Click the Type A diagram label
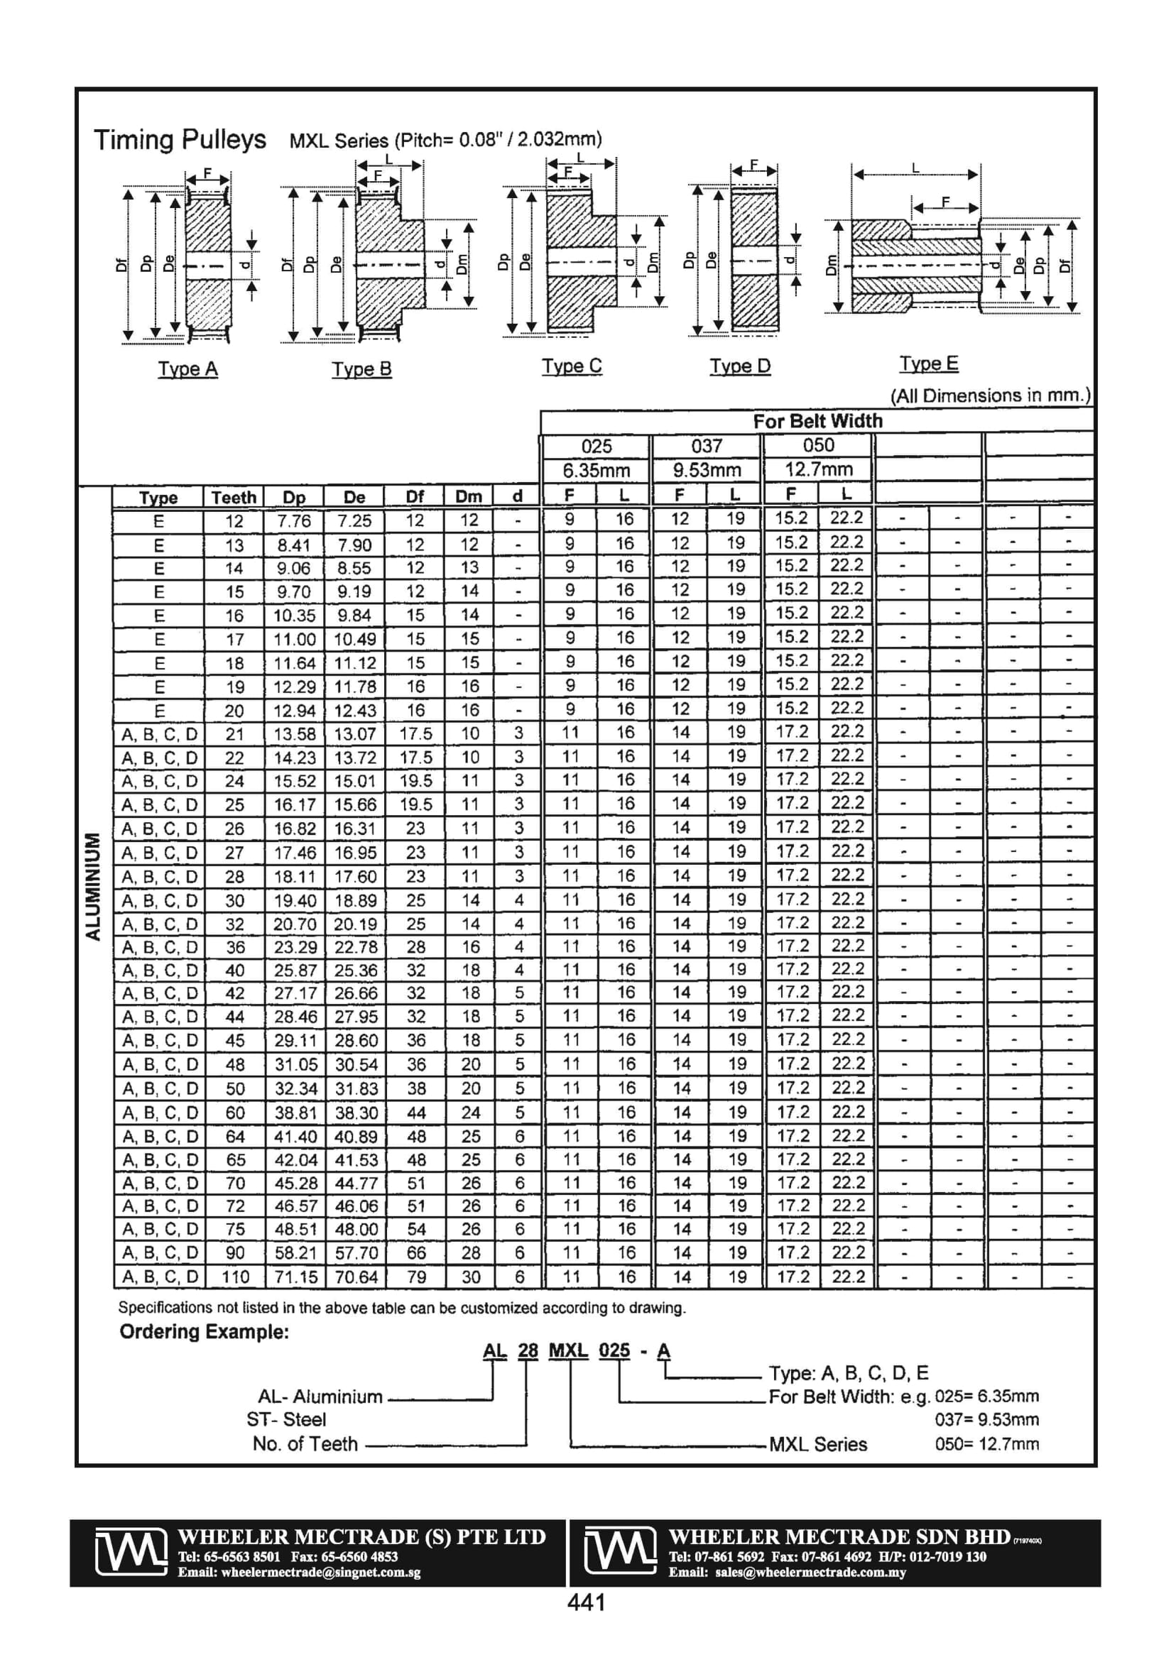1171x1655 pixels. point(187,369)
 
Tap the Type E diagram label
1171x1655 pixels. point(929,364)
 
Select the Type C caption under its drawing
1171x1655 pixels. point(572,366)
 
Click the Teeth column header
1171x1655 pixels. point(234,498)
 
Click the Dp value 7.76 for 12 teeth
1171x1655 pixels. point(293,521)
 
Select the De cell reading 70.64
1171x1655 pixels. point(356,1277)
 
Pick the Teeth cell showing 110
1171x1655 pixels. point(235,1277)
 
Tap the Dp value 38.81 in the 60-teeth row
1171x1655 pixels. point(295,1113)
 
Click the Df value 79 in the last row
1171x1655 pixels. point(416,1277)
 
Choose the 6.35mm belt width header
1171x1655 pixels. point(597,471)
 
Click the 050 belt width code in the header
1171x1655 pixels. point(817,445)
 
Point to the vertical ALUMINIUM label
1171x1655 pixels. point(93,887)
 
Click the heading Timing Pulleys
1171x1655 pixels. point(180,139)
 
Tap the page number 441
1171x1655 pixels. point(587,1602)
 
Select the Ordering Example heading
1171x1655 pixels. point(204,1331)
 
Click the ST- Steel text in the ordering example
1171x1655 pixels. point(286,1419)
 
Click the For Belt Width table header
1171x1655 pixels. point(817,421)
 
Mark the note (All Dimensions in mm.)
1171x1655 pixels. point(990,395)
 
